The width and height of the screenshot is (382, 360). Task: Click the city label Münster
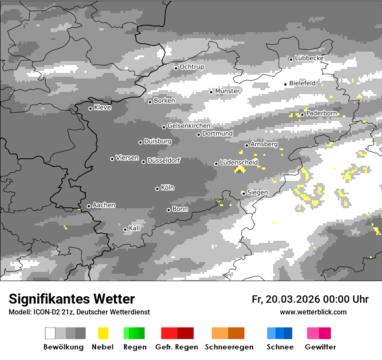tap(227, 91)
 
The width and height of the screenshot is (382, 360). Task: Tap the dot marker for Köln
tap(157, 189)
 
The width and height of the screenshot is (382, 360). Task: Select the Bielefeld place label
tap(302, 83)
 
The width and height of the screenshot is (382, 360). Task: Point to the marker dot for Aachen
tap(89, 206)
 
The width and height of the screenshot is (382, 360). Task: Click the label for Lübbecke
tap(309, 58)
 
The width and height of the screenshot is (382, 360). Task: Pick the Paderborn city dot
tap(302, 115)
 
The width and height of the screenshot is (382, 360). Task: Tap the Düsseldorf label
tap(163, 160)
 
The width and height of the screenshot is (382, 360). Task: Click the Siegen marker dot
tap(244, 193)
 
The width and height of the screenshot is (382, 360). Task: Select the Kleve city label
tap(102, 108)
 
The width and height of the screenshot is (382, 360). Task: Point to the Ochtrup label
tap(191, 67)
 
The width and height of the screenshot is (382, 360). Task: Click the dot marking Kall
tap(125, 229)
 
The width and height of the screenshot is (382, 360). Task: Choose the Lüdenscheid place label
tap(239, 163)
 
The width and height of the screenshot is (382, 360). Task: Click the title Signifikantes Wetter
tap(72, 299)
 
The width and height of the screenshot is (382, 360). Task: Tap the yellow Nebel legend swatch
tap(103, 333)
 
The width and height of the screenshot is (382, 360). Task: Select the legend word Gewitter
tap(320, 347)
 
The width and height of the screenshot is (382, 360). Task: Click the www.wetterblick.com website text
tap(313, 312)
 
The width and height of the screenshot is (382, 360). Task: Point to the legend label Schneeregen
tap(229, 347)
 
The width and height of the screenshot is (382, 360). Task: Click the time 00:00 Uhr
tap(346, 299)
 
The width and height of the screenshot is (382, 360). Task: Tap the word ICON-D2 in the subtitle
tap(44, 312)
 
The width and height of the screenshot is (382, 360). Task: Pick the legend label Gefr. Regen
tap(177, 347)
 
